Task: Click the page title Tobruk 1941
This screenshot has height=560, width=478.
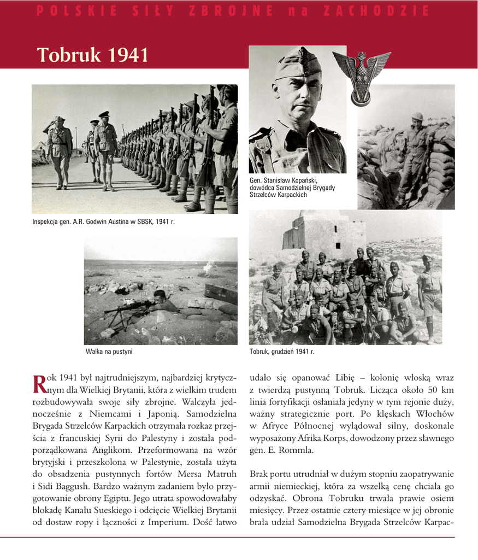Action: tap(93, 55)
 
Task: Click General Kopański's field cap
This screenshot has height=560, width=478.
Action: tap(297, 64)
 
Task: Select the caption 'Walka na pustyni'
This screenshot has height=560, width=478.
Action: tap(109, 352)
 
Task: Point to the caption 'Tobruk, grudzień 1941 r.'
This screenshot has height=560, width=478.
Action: tap(282, 352)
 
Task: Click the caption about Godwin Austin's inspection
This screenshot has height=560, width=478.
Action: tap(103, 221)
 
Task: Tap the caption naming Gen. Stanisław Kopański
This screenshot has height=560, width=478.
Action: tap(292, 187)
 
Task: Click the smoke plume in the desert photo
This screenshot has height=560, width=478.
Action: tap(208, 267)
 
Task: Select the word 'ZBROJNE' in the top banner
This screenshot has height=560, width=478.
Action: tap(231, 11)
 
